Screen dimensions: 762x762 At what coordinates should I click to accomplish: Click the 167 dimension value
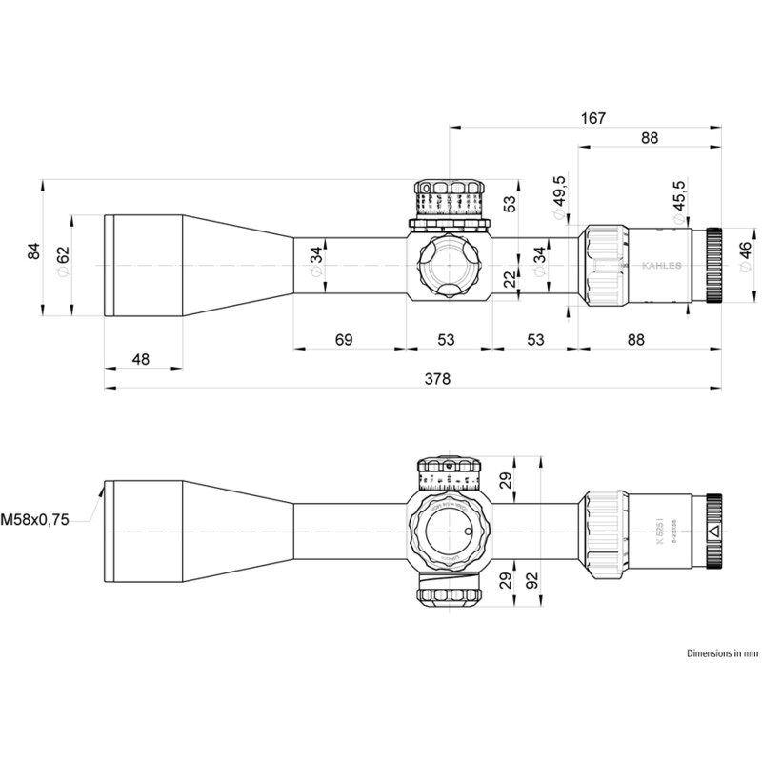click(x=592, y=118)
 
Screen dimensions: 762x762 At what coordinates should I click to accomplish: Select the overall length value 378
click(x=436, y=378)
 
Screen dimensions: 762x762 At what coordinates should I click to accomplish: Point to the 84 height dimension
click(x=34, y=251)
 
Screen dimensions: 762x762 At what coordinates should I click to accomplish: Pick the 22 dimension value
click(x=510, y=278)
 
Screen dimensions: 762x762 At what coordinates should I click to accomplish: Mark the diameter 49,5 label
click(x=559, y=193)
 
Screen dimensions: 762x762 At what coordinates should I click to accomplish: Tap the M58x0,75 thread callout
click(x=35, y=520)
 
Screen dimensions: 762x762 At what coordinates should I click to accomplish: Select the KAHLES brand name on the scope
click(x=660, y=266)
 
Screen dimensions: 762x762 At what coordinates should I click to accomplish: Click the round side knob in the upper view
click(x=450, y=266)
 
